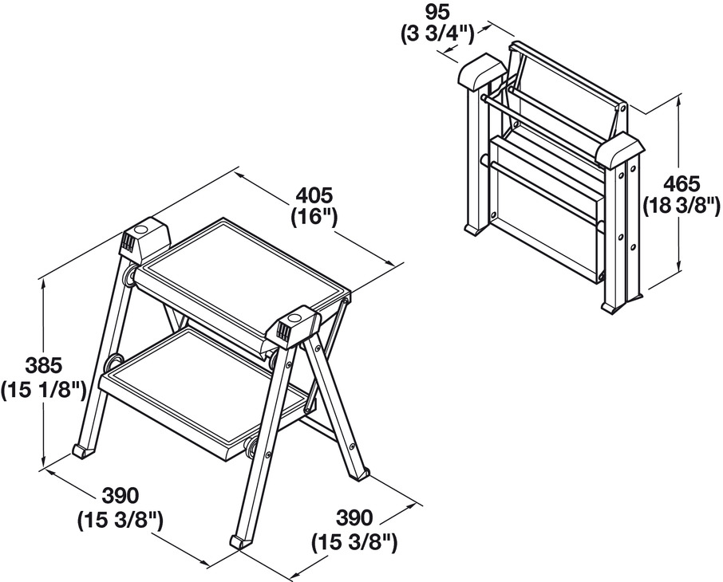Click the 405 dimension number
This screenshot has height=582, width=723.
(314, 195)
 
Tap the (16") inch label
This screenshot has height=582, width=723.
(314, 215)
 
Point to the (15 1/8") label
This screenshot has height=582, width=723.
(43, 389)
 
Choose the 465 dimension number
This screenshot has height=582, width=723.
(683, 182)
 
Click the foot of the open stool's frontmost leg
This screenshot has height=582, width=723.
(238, 541)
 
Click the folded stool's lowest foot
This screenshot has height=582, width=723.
(613, 307)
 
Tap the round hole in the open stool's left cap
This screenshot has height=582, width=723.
(142, 230)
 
